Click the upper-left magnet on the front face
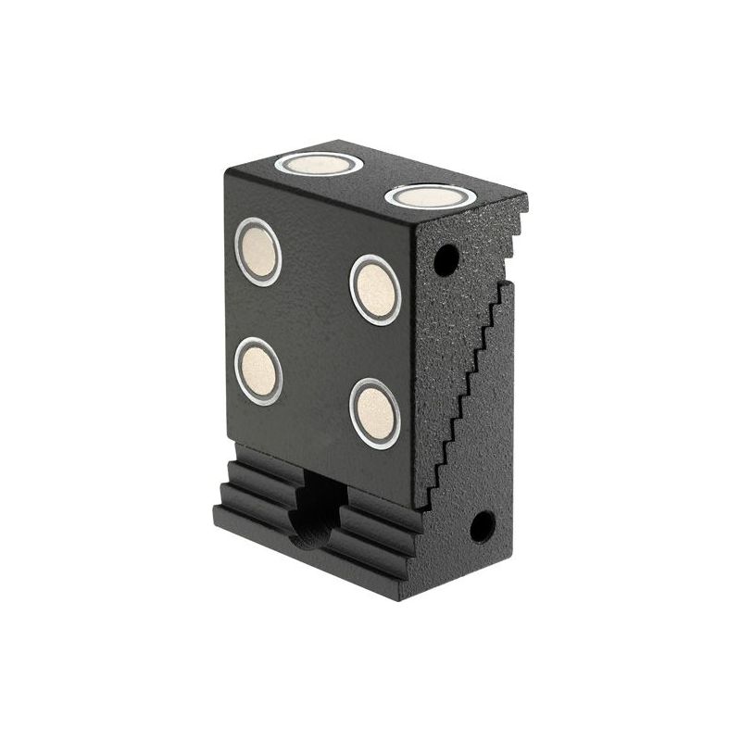(x=257, y=251)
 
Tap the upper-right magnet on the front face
(x=375, y=290)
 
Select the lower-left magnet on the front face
(x=258, y=371)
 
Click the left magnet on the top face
(x=319, y=164)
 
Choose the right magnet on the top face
(x=431, y=196)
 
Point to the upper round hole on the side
(x=446, y=259)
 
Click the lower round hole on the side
(x=482, y=527)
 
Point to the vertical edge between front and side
(x=414, y=370)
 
